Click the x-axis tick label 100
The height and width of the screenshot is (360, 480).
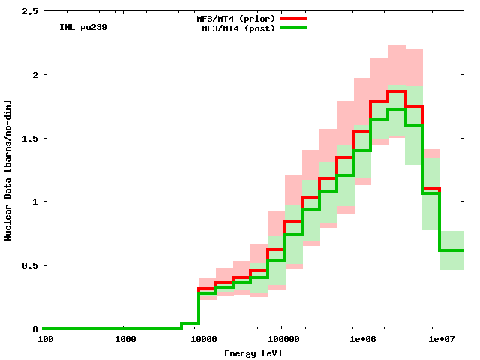pos(44,339)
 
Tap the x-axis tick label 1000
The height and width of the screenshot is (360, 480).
pos(124,339)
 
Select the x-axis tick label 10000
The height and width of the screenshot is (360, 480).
pos(203,339)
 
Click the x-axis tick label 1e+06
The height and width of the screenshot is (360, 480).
pos(360,339)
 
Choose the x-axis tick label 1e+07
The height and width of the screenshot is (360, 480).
pos(439,339)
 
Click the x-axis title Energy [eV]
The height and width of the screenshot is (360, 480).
pos(253,352)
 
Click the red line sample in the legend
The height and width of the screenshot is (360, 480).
pos(293,16)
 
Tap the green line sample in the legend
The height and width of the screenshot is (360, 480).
pos(293,28)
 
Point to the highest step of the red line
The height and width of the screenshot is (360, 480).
pos(396,92)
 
